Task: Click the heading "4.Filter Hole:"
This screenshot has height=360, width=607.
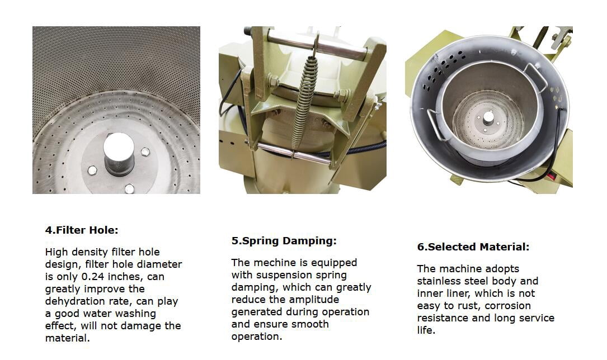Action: tap(82, 230)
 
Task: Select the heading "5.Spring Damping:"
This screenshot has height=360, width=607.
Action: tap(284, 241)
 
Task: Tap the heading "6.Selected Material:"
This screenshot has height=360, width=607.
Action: tap(473, 247)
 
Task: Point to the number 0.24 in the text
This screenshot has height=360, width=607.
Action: tap(93, 277)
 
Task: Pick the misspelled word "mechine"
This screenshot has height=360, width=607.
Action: tap(271, 263)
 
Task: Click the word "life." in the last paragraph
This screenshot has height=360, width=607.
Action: tap(426, 330)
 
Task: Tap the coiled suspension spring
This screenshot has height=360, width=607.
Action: tap(305, 102)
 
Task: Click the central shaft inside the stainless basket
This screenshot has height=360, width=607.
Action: tap(488, 118)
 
